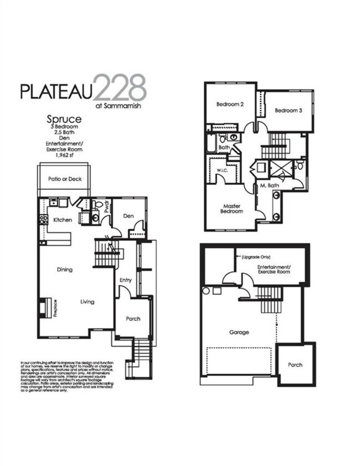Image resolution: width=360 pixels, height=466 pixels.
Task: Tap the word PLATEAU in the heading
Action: pyautogui.click(x=57, y=91)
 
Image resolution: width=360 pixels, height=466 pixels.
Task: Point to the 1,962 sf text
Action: pyautogui.click(x=64, y=156)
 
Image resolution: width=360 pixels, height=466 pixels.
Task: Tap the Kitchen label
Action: pyautogui.click(x=63, y=220)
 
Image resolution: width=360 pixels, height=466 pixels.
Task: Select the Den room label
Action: pyautogui.click(x=129, y=216)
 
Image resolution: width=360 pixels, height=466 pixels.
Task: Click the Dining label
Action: pyautogui.click(x=65, y=270)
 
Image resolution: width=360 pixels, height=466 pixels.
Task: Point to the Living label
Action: pyautogui.click(x=87, y=302)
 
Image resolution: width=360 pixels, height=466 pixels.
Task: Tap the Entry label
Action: pyautogui.click(x=126, y=280)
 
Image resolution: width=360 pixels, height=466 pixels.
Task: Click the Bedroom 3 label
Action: pyautogui.click(x=289, y=110)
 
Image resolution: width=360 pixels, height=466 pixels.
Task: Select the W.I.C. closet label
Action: pyautogui.click(x=223, y=170)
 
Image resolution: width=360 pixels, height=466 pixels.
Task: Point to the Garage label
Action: pyautogui.click(x=239, y=332)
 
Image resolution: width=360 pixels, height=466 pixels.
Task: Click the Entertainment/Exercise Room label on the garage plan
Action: pyautogui.click(x=274, y=269)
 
